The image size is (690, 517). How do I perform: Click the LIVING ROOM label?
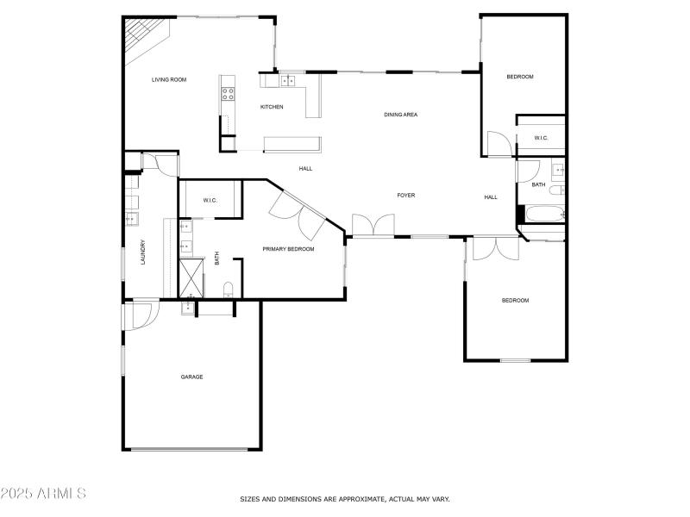pos(169,80)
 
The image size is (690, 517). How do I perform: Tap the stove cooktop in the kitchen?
pos(228,89)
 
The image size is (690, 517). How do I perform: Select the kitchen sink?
pos(287,81)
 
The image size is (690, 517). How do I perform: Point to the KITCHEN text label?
pos(272,107)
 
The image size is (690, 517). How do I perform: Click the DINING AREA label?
pos(400,114)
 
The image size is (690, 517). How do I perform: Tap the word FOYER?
pos(405,196)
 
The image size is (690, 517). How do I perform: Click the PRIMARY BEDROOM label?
pos(288,249)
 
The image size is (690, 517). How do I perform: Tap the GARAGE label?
pos(191,377)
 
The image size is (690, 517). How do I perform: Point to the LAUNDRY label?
pos(143,252)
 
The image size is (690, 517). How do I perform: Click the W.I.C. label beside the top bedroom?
pos(541,138)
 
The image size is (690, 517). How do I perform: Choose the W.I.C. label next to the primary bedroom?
pos(210,201)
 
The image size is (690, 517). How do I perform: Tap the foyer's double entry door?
pos(373,225)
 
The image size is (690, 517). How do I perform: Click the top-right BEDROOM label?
pos(519,78)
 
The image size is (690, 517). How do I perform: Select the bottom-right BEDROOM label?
pos(515,301)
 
